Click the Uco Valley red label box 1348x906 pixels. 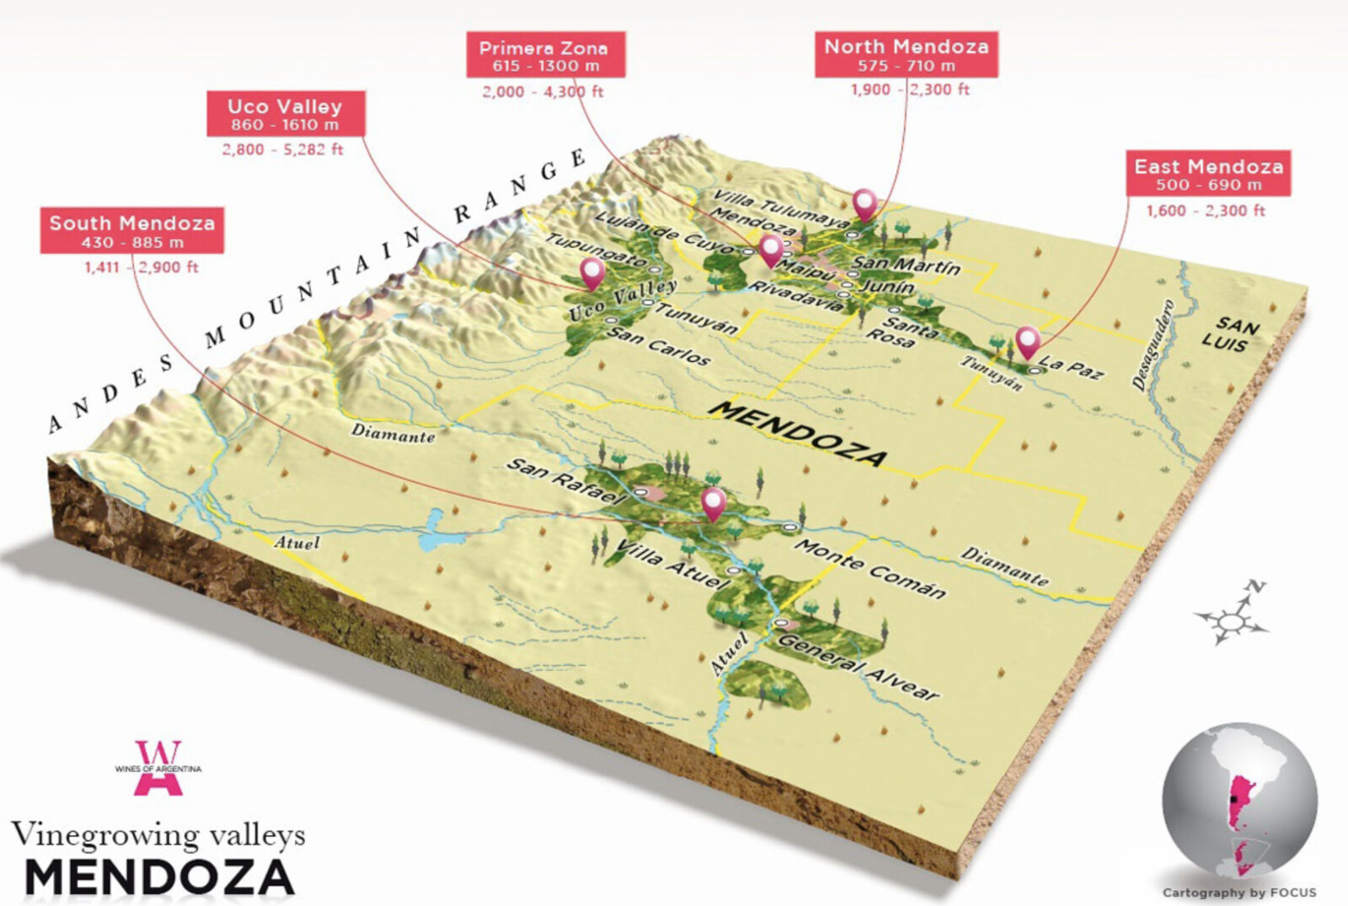tap(285, 115)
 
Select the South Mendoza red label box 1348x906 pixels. tap(131, 231)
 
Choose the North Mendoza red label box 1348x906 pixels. tap(906, 55)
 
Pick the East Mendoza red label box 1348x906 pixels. tap(1208, 174)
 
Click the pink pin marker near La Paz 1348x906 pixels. tap(1026, 341)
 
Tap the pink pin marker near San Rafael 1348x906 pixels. tap(714, 503)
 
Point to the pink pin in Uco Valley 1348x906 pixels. tap(592, 273)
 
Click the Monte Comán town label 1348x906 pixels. tap(869, 569)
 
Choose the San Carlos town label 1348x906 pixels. tap(659, 346)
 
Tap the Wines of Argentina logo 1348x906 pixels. tap(158, 768)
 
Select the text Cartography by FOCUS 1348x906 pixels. tap(1238, 892)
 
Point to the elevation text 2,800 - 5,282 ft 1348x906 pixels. tap(282, 150)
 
